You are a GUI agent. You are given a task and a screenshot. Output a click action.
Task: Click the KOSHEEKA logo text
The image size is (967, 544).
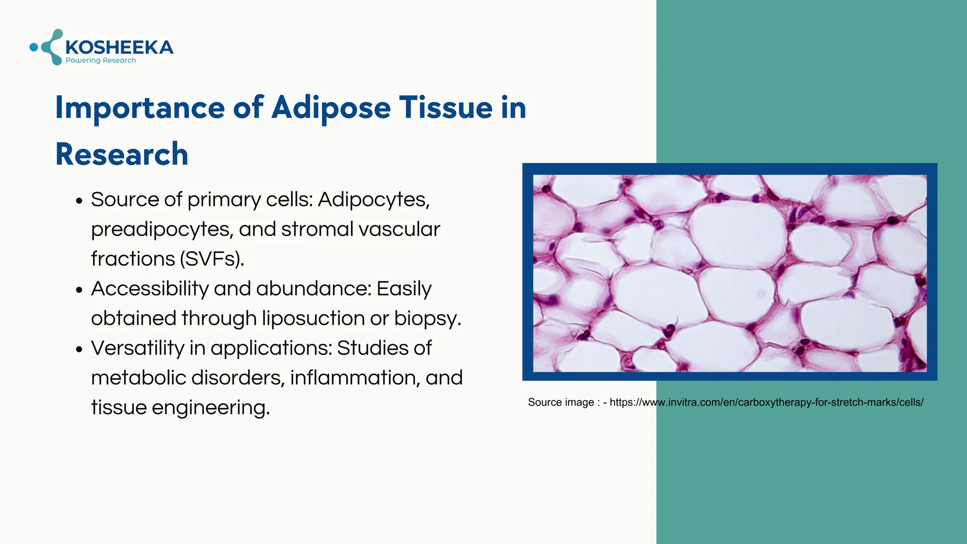[x=119, y=47]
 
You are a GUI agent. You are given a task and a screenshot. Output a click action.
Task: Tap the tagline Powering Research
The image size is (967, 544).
[x=101, y=60]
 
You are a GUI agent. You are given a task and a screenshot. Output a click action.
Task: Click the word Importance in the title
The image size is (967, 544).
[x=140, y=108]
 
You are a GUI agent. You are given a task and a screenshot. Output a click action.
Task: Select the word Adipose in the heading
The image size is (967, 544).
[x=331, y=108]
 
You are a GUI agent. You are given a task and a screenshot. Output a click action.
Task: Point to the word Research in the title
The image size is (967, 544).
[x=122, y=154]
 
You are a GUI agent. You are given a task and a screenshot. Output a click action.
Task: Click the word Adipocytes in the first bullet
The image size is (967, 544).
[x=373, y=200]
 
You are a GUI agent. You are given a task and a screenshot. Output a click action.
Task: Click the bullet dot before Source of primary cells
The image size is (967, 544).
[x=79, y=201]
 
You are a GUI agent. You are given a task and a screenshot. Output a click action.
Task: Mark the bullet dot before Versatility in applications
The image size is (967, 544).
[x=79, y=349]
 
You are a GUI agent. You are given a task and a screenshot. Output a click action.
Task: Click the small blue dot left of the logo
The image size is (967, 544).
[x=34, y=47]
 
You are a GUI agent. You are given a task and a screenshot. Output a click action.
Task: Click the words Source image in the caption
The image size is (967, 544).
[x=560, y=402]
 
